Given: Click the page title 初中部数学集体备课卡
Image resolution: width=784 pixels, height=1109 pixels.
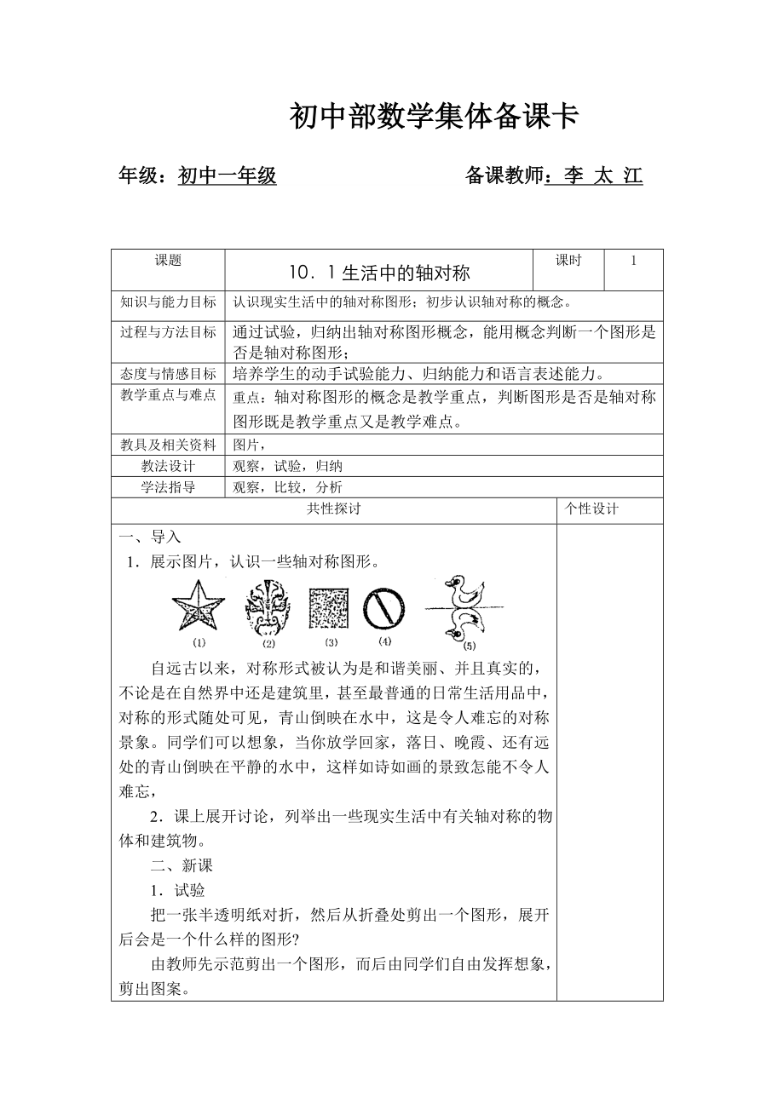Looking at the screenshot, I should (434, 117).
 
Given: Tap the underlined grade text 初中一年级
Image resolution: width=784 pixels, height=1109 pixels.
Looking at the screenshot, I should (227, 176).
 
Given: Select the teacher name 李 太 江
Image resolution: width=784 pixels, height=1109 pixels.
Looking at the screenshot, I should (595, 176).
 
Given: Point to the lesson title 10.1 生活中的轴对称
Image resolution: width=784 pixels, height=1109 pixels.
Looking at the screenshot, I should (379, 273).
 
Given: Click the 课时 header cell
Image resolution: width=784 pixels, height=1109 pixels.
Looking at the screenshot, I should (568, 261).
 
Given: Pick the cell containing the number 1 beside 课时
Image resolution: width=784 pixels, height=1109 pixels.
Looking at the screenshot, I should (633, 261).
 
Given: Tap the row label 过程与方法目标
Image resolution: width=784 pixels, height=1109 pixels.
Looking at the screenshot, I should (168, 332).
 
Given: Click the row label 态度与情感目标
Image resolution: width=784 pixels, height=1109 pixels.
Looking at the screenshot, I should (168, 373).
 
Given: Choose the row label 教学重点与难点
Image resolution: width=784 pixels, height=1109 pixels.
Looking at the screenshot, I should (168, 396).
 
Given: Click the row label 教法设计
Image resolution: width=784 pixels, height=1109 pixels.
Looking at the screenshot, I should (168, 466).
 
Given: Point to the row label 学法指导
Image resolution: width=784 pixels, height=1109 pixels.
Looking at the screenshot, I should (168, 487).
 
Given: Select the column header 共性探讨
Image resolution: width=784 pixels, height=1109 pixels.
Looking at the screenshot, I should (333, 509).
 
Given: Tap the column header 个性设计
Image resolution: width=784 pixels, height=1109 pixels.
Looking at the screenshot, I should (591, 509).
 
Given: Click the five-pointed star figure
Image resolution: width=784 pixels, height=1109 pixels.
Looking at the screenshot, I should (198, 606).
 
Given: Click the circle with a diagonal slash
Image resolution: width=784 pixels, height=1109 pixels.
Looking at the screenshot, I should (383, 607).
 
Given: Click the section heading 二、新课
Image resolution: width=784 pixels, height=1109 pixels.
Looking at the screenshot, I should (182, 866).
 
